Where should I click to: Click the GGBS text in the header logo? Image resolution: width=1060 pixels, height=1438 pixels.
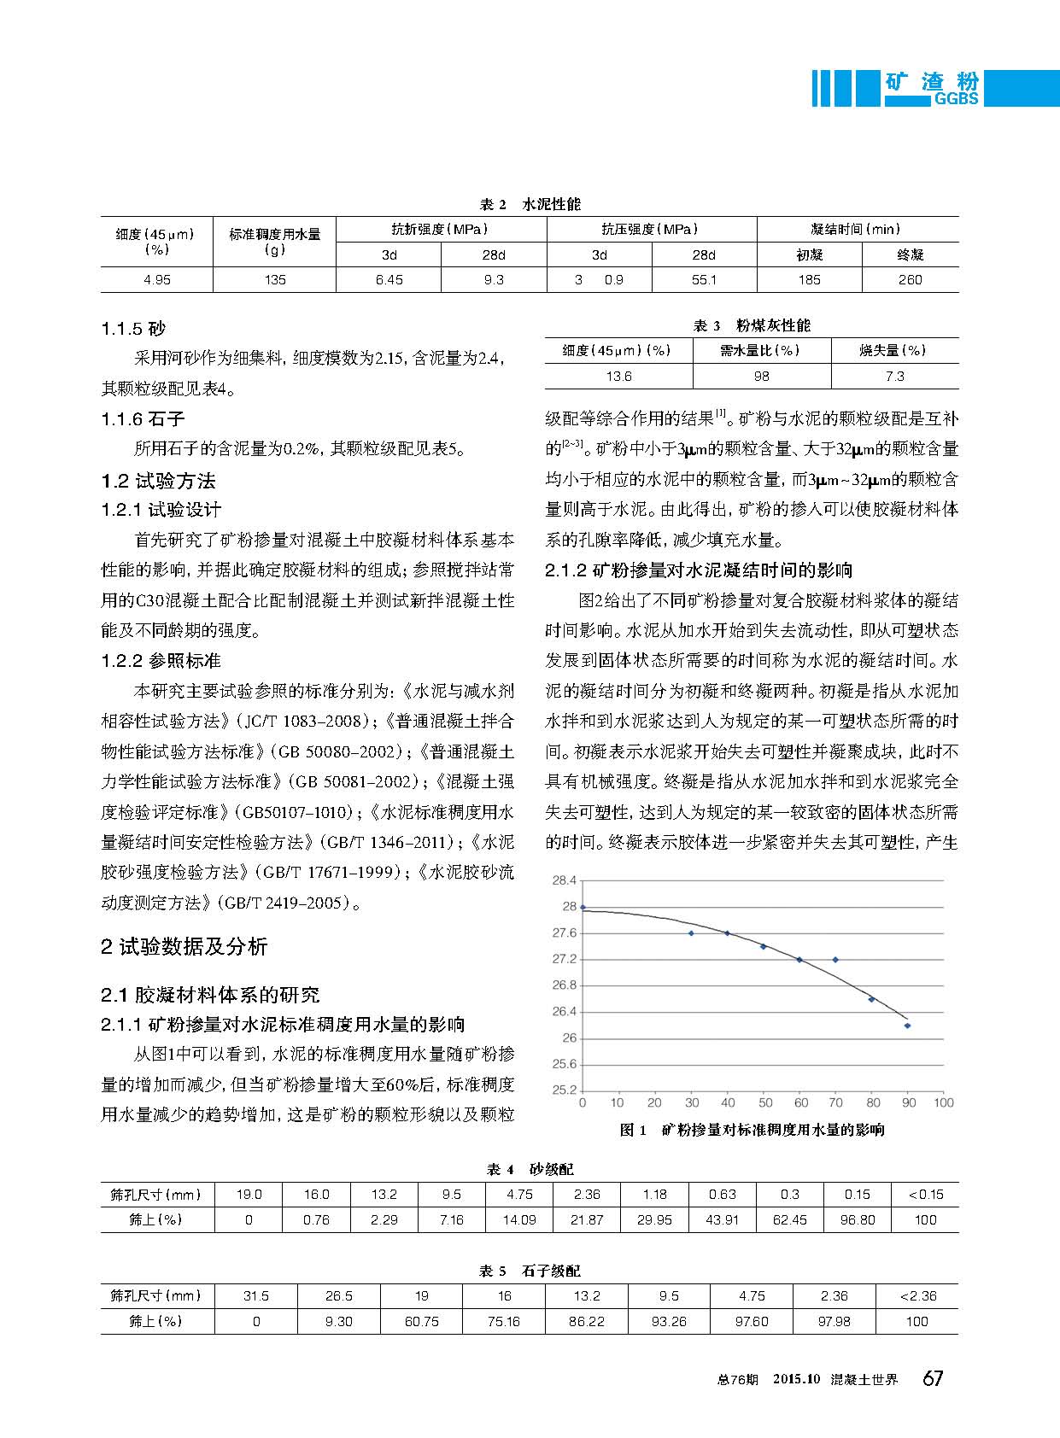(955, 99)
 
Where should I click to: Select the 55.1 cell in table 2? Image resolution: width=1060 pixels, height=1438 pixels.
(704, 280)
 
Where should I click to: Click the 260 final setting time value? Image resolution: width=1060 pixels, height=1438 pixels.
(910, 280)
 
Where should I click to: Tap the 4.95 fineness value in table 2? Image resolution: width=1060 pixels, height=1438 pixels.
(156, 280)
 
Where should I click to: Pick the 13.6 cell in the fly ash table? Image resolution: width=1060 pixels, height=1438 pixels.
(618, 377)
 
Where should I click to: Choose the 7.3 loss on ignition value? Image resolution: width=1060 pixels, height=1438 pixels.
(894, 377)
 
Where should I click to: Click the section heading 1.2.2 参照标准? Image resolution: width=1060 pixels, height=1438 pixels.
(161, 661)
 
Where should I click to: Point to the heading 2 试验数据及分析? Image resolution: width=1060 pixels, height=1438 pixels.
(184, 946)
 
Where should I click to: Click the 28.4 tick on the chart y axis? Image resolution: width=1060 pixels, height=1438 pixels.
(565, 880)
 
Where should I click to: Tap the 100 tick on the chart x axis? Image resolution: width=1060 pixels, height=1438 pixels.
(943, 1103)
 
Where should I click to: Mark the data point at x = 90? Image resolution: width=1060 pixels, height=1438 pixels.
(907, 1026)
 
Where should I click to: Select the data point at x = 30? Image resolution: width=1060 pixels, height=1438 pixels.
(691, 933)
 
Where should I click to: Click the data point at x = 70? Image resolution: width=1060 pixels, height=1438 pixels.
(835, 960)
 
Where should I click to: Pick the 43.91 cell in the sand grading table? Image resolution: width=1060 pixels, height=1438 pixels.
(722, 1220)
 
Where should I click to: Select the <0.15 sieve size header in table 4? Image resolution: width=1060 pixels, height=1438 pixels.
(925, 1195)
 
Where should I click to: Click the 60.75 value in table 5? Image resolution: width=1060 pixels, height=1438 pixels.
(421, 1322)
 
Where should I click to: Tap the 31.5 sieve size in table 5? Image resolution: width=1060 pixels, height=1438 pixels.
(255, 1296)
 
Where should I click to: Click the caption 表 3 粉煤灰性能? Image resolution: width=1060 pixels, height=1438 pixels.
(751, 325)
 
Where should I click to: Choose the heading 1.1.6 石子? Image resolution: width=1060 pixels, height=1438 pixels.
(143, 419)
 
